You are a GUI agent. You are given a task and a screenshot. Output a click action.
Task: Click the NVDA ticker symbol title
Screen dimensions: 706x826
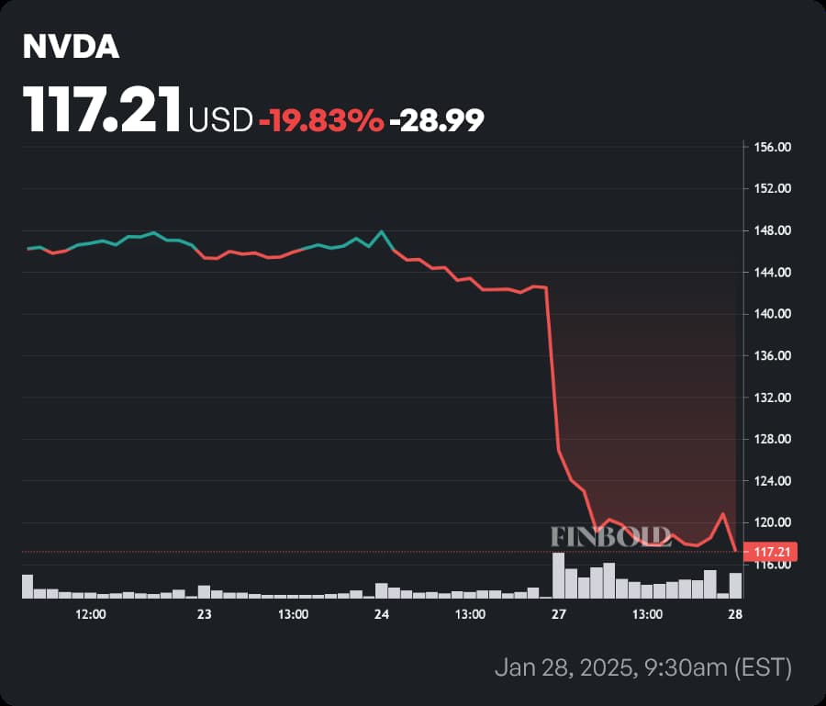(x=72, y=49)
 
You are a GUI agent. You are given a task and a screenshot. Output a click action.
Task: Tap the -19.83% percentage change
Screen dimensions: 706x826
(x=321, y=119)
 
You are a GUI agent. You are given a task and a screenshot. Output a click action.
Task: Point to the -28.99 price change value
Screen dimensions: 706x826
(x=437, y=119)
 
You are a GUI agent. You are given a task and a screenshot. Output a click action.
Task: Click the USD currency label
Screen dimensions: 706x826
(x=220, y=120)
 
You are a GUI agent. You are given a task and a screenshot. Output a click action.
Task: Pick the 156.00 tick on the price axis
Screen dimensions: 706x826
(x=771, y=147)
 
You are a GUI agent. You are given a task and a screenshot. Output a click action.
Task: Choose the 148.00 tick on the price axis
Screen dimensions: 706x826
(x=771, y=230)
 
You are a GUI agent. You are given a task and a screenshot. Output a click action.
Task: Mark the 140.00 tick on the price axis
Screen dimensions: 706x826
(x=771, y=314)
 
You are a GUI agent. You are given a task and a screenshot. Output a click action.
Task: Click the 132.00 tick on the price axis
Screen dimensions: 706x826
(x=771, y=398)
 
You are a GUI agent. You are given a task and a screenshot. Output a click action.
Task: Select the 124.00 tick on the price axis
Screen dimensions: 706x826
(x=771, y=481)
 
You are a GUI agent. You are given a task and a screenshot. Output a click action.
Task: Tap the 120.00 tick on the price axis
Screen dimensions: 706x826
(x=771, y=522)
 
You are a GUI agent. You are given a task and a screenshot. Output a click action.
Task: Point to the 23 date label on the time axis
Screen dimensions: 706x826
(x=204, y=614)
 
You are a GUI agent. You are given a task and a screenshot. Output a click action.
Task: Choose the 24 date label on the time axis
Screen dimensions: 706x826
(x=382, y=614)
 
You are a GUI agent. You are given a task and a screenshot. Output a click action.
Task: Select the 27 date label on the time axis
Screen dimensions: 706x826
(x=558, y=614)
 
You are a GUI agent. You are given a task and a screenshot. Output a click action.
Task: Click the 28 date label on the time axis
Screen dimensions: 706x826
(x=735, y=614)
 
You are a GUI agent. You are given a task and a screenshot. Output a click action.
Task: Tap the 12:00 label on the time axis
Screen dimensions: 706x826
(x=89, y=614)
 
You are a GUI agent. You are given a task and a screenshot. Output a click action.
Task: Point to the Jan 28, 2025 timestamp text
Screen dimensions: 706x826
(x=642, y=667)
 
